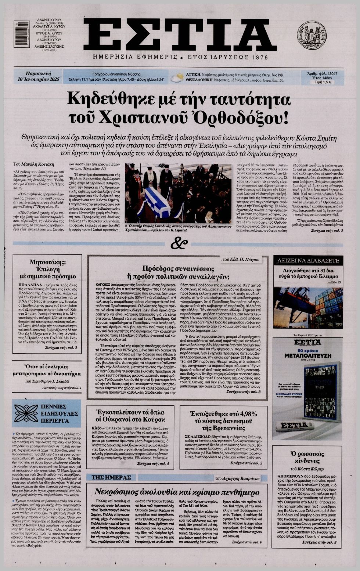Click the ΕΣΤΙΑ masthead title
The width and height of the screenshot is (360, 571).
180,35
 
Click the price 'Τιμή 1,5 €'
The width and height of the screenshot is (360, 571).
323,82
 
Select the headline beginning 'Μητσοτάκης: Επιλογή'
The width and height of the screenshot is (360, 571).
48,269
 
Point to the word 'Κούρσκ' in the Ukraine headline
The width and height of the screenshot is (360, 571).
152,419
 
